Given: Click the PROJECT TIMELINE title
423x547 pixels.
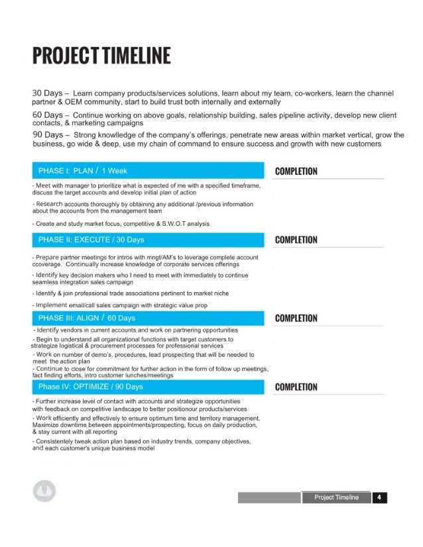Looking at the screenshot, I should pyautogui.click(x=101, y=56).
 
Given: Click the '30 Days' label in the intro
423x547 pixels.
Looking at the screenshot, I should pyautogui.click(x=47, y=93).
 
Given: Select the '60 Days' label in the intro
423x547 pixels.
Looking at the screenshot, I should pyautogui.click(x=47, y=115).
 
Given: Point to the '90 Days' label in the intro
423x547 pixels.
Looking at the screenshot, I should pyautogui.click(x=47, y=135).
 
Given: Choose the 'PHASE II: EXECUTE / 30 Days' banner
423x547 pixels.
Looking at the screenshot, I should pyautogui.click(x=91, y=239).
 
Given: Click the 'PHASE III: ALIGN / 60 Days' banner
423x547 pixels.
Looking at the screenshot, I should pyautogui.click(x=87, y=318).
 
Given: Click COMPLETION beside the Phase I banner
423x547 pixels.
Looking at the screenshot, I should pyautogui.click(x=296, y=172).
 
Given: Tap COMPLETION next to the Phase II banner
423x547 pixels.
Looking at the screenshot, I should pyautogui.click(x=296, y=240).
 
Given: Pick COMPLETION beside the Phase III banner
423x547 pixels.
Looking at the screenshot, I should pyautogui.click(x=296, y=319).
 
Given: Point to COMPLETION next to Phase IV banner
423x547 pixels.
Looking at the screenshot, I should pyautogui.click(x=296, y=387).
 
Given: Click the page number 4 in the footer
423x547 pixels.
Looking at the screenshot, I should pyautogui.click(x=378, y=497).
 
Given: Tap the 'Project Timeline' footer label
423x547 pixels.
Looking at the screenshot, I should pyautogui.click(x=336, y=497).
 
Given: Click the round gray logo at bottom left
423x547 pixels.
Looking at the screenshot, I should pyautogui.click(x=44, y=491).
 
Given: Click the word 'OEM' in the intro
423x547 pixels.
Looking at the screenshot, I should pyautogui.click(x=74, y=103).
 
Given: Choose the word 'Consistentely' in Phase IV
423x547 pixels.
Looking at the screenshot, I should pyautogui.click(x=58, y=440).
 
